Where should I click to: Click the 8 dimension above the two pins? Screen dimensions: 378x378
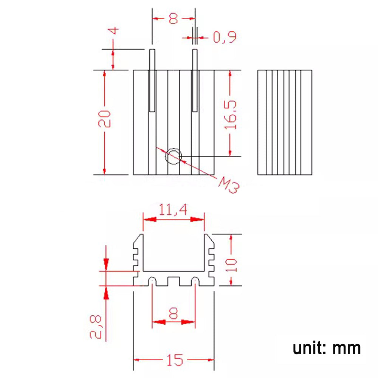pyautogui.click(x=174, y=18)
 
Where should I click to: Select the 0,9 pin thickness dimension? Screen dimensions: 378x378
pyautogui.click(x=225, y=37)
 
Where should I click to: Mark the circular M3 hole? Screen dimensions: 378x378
pyautogui.click(x=174, y=156)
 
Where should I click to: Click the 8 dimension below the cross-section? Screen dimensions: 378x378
pyautogui.click(x=174, y=313)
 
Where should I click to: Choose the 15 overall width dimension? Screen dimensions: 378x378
pyautogui.click(x=174, y=360)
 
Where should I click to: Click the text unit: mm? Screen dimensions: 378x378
pyautogui.click(x=326, y=348)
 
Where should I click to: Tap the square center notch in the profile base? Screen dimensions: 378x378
pyautogui.click(x=174, y=282)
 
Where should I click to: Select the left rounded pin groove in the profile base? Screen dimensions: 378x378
pyautogui.click(x=152, y=282)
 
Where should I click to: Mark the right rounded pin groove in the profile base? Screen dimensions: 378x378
pyautogui.click(x=195, y=282)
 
